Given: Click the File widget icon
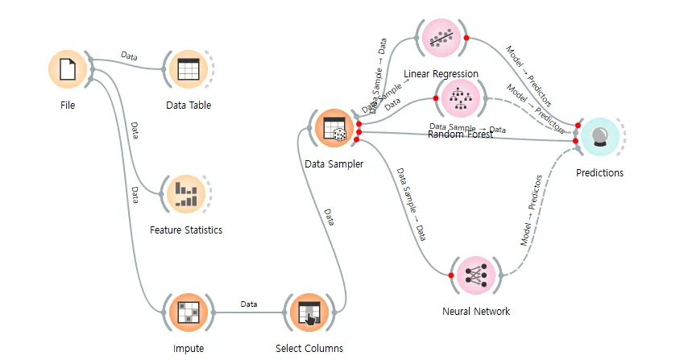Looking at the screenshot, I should [68, 70].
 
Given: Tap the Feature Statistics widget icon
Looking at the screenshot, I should [185, 193].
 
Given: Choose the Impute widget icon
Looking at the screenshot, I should [188, 312].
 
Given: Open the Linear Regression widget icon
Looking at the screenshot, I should [441, 38].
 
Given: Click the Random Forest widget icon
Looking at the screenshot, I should [461, 97].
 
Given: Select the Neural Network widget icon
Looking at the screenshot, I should [476, 275].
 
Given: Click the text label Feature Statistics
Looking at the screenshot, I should [186, 230].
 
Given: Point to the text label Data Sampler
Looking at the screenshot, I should [334, 164].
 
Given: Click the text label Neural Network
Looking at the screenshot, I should [476, 312].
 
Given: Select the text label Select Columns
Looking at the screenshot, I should [309, 349].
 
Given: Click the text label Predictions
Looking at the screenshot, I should [599, 172].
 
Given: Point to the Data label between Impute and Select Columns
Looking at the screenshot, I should [249, 304].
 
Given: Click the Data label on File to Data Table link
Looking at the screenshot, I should [129, 56].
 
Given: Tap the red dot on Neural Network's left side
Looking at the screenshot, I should [451, 275].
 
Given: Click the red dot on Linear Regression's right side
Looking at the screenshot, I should [466, 38].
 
